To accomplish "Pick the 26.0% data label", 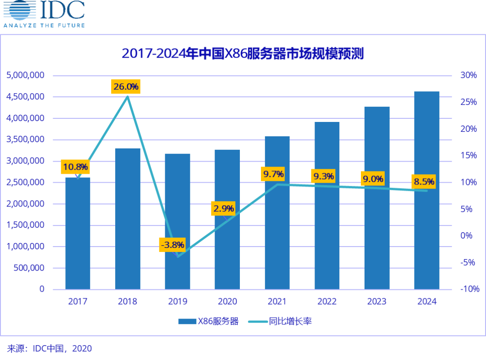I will coord(126,86).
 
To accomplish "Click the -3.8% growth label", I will coord(172,245).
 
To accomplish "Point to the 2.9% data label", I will coord(224,208).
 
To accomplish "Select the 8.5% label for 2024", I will coord(424,182).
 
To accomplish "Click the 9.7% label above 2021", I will coord(274,174).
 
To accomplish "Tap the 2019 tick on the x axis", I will coord(177,301).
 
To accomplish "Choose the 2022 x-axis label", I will coord(327,301).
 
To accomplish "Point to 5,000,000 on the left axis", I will coord(26,75).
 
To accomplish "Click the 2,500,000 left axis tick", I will coord(26,182).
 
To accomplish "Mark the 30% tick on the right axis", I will coord(468,75).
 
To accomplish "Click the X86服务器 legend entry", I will coord(208,321).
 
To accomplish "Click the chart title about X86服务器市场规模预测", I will coord(243,53).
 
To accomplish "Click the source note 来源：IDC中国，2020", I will coord(49,348).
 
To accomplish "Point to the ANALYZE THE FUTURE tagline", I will coord(44,25).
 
